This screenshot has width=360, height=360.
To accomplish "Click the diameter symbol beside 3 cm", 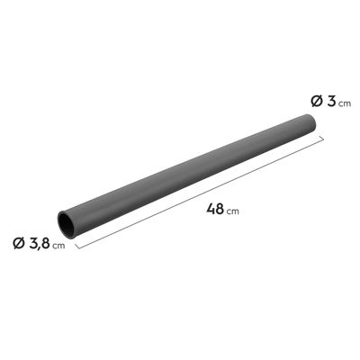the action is click(317, 101).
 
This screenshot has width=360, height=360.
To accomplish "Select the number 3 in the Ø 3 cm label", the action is click(331, 101).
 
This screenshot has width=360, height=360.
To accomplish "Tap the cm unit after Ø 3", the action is click(345, 103).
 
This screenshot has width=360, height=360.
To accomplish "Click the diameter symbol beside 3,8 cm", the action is click(19, 243).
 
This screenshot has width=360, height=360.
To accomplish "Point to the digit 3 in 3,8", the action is click(32, 243).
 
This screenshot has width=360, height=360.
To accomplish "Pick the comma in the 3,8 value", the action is click(40, 248).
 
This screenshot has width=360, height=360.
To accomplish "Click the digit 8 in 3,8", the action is click(45, 243).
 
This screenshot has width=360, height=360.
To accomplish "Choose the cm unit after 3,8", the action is click(58, 246).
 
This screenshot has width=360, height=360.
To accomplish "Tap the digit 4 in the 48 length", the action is click(211, 209).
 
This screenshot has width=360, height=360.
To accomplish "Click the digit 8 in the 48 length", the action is click(220, 209).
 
